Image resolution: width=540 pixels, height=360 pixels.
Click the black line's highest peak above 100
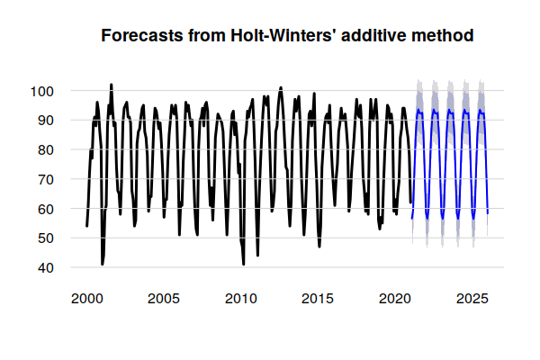click(111, 85)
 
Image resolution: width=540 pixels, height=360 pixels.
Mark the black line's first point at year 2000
click(86, 226)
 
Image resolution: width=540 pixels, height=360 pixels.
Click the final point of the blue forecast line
click(488, 214)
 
